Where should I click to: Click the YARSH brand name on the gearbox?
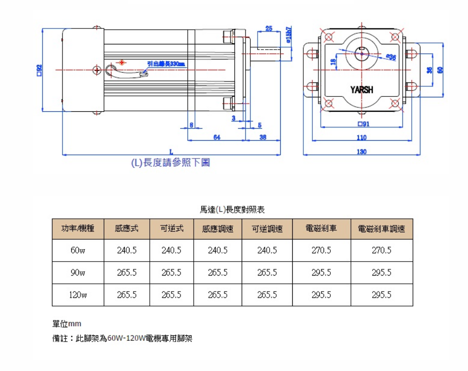coord(362,90)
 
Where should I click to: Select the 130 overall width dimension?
coord(362,152)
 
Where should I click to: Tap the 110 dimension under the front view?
coord(362,138)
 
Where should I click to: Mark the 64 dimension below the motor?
coord(217,138)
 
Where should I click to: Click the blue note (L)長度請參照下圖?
coord(171,163)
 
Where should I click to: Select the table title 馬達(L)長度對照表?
coord(232,210)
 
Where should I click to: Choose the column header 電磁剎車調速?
coord(381,229)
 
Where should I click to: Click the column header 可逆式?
coord(171,229)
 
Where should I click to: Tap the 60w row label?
coord(78,251)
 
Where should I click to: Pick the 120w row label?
coord(78,295)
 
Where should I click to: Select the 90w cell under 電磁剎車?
coord(321,273)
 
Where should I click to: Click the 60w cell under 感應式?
coord(127,251)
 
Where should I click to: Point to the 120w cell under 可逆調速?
coord(267,295)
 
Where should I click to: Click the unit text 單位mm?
coord(66,324)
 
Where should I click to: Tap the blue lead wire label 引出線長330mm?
coord(166,64)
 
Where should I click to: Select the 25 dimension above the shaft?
coord(269,29)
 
